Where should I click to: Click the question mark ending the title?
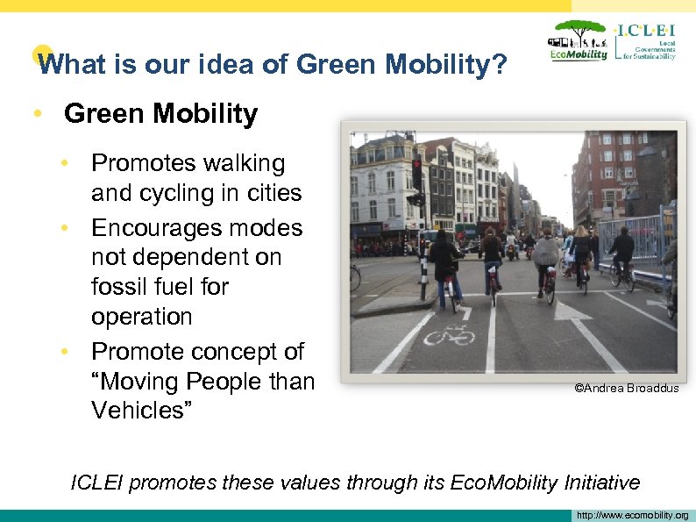point(500,64)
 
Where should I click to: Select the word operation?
point(141,316)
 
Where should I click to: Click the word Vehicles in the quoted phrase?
point(142,410)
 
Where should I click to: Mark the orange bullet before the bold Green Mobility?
point(36,114)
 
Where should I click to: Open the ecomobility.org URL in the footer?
point(632,515)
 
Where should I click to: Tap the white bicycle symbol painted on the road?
point(449,334)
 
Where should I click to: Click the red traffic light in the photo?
point(416,166)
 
